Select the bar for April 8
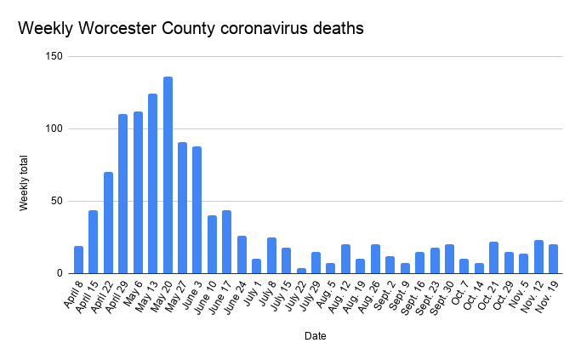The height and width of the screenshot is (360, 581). (x=79, y=260)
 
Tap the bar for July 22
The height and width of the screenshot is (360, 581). (x=301, y=271)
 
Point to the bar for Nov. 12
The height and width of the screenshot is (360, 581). (x=538, y=257)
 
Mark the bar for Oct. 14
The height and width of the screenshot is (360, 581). (x=479, y=268)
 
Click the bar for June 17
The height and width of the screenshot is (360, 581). (x=227, y=242)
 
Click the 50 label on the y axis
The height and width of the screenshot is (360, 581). (x=55, y=202)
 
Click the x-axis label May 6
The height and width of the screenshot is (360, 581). (x=132, y=293)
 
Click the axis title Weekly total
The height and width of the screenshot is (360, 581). (x=26, y=183)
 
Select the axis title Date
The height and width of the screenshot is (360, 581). (x=315, y=336)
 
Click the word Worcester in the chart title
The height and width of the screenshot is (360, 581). (x=110, y=29)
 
